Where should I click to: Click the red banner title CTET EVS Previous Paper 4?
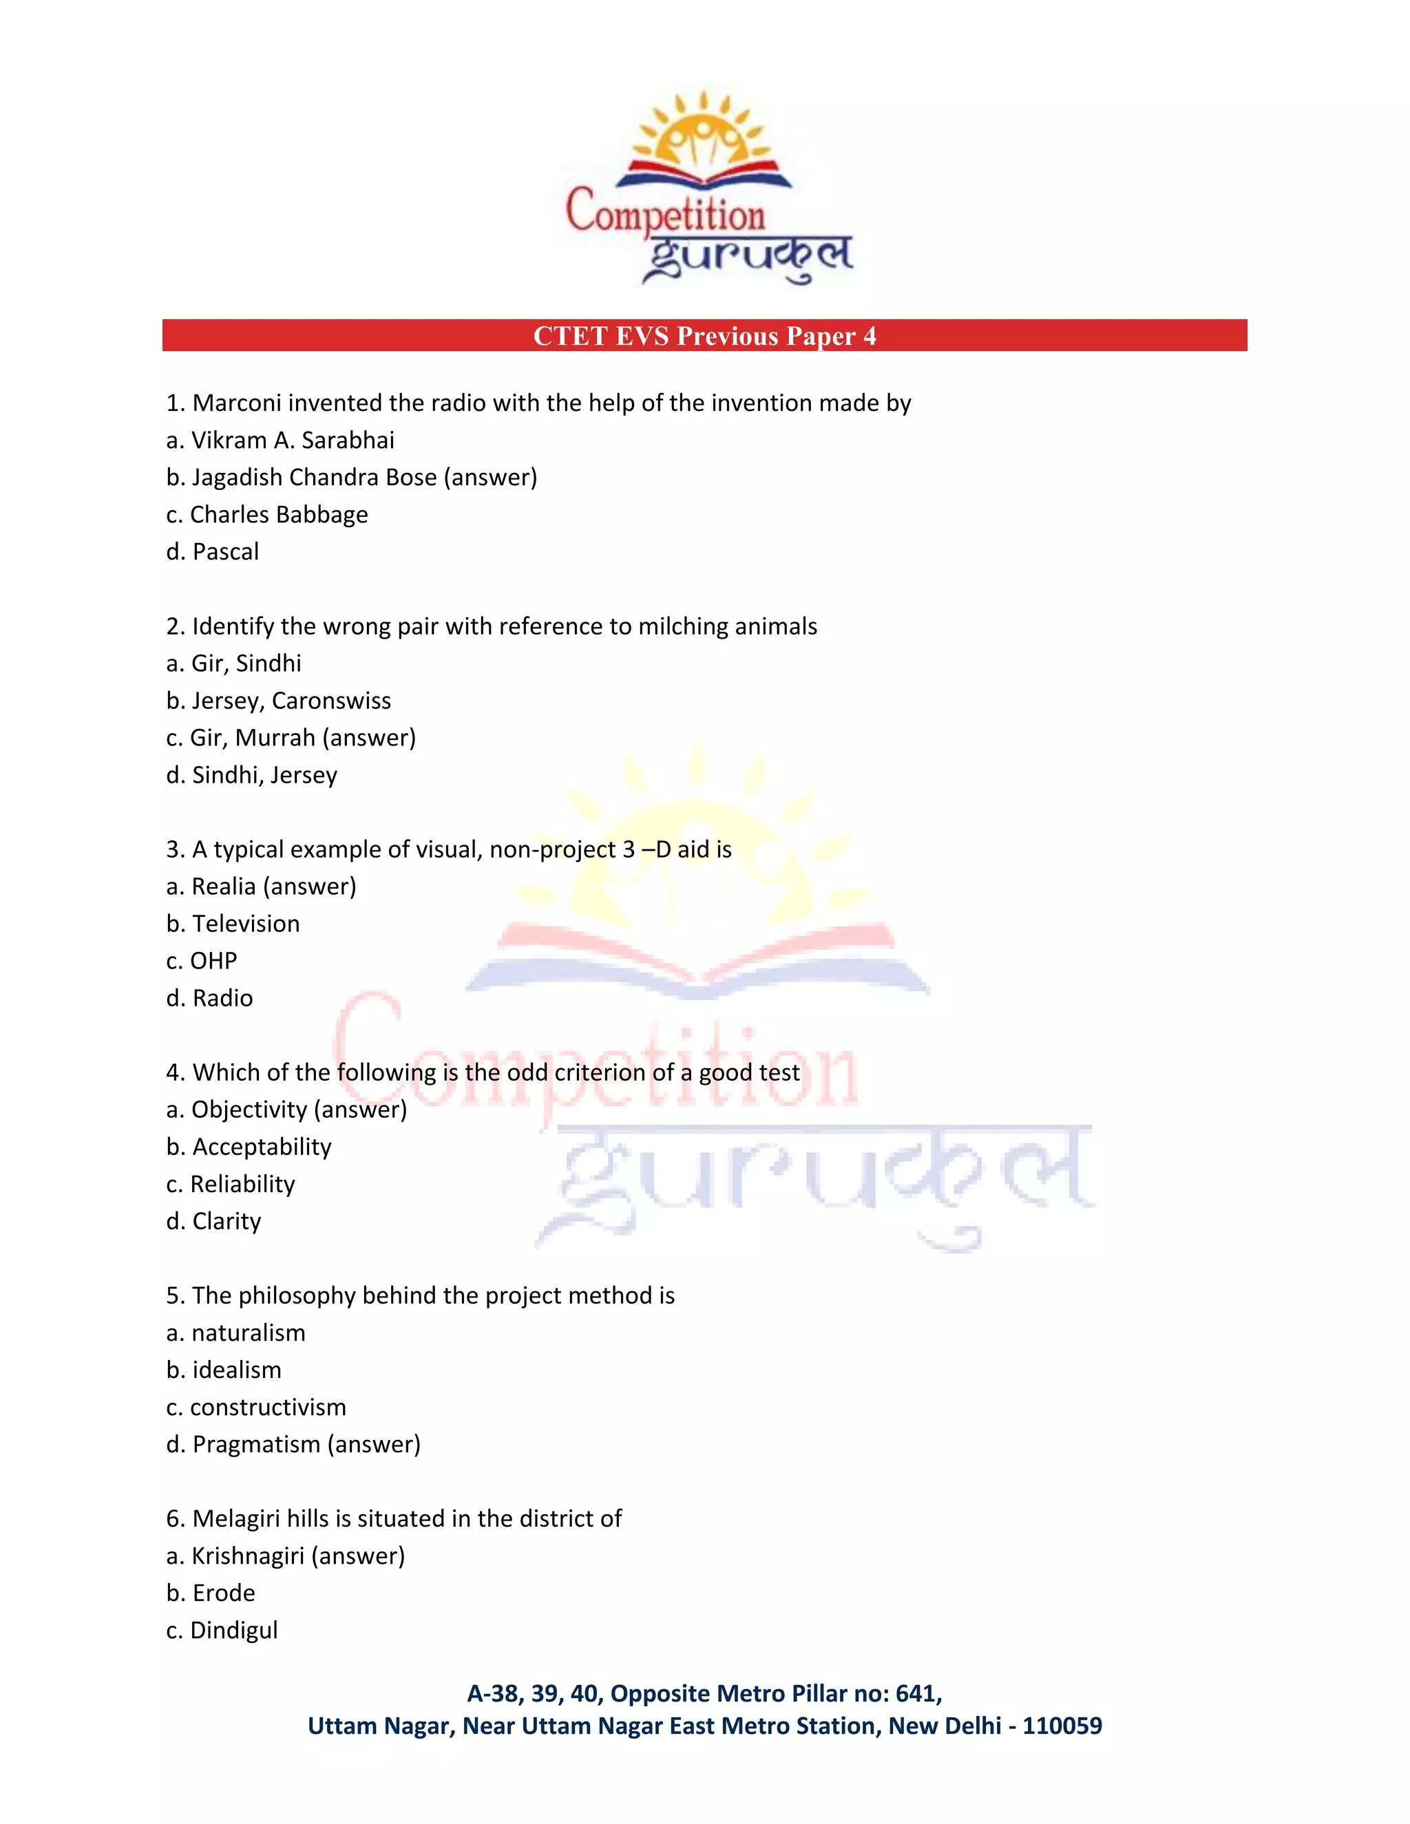coord(704,336)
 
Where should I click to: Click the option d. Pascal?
coord(213,552)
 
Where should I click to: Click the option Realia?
coord(223,887)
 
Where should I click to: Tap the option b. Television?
coord(233,924)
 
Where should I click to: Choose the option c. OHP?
coord(202,962)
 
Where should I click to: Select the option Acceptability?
coord(262,1147)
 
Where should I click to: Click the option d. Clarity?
coord(214,1222)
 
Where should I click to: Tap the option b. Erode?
coord(211,1593)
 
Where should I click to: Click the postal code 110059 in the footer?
coord(1062,1726)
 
